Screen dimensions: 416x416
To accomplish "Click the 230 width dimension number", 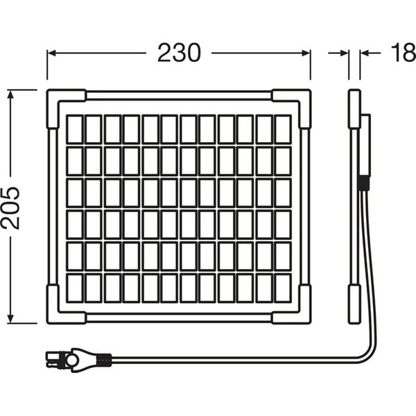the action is click(x=179, y=53).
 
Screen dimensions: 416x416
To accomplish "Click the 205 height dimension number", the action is click(x=10, y=208).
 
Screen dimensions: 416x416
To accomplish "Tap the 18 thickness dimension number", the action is click(x=404, y=53).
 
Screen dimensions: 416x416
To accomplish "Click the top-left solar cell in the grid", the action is click(x=75, y=130).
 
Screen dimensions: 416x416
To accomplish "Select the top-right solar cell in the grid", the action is click(x=283, y=130).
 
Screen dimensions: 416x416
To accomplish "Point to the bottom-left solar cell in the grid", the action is click(x=75, y=288).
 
